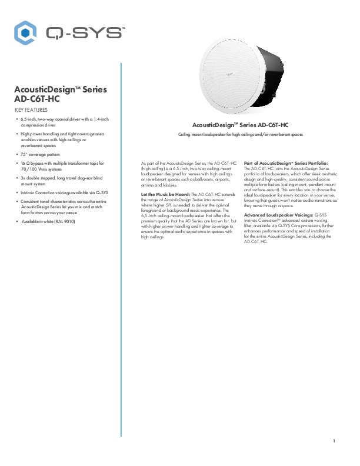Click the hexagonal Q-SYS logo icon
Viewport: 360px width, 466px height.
(25, 32)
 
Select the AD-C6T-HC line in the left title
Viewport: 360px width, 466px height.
(36, 99)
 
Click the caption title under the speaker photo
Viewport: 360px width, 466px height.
(241, 125)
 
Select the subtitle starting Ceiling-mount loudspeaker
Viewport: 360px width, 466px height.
(241, 135)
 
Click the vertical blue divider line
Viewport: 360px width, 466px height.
(121, 147)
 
